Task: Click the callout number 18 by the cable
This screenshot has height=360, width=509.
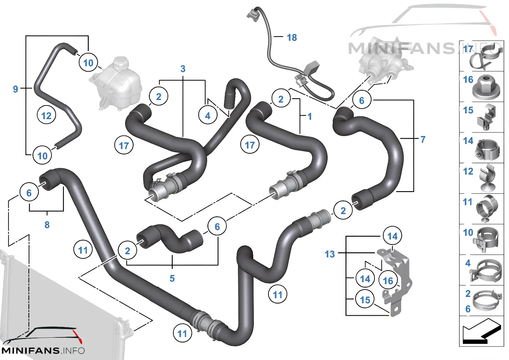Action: click(x=292, y=38)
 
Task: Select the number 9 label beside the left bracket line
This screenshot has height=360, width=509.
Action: click(x=16, y=89)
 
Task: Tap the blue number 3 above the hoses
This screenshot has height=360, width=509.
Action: click(x=183, y=69)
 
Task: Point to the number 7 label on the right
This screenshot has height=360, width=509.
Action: click(x=423, y=140)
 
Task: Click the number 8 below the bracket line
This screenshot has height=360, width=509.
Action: click(x=47, y=225)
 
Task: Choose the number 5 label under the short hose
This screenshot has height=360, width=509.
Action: click(x=172, y=278)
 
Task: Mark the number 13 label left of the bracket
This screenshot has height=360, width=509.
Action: click(x=330, y=254)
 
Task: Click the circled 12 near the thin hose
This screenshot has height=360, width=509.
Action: click(x=46, y=116)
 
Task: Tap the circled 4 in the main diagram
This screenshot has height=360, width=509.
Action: click(x=208, y=116)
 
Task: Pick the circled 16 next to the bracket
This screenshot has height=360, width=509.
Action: click(x=388, y=281)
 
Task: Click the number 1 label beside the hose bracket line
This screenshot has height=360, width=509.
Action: click(x=310, y=117)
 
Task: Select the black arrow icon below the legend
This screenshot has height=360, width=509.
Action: click(x=482, y=331)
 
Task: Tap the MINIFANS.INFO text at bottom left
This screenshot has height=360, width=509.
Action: click(x=43, y=351)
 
